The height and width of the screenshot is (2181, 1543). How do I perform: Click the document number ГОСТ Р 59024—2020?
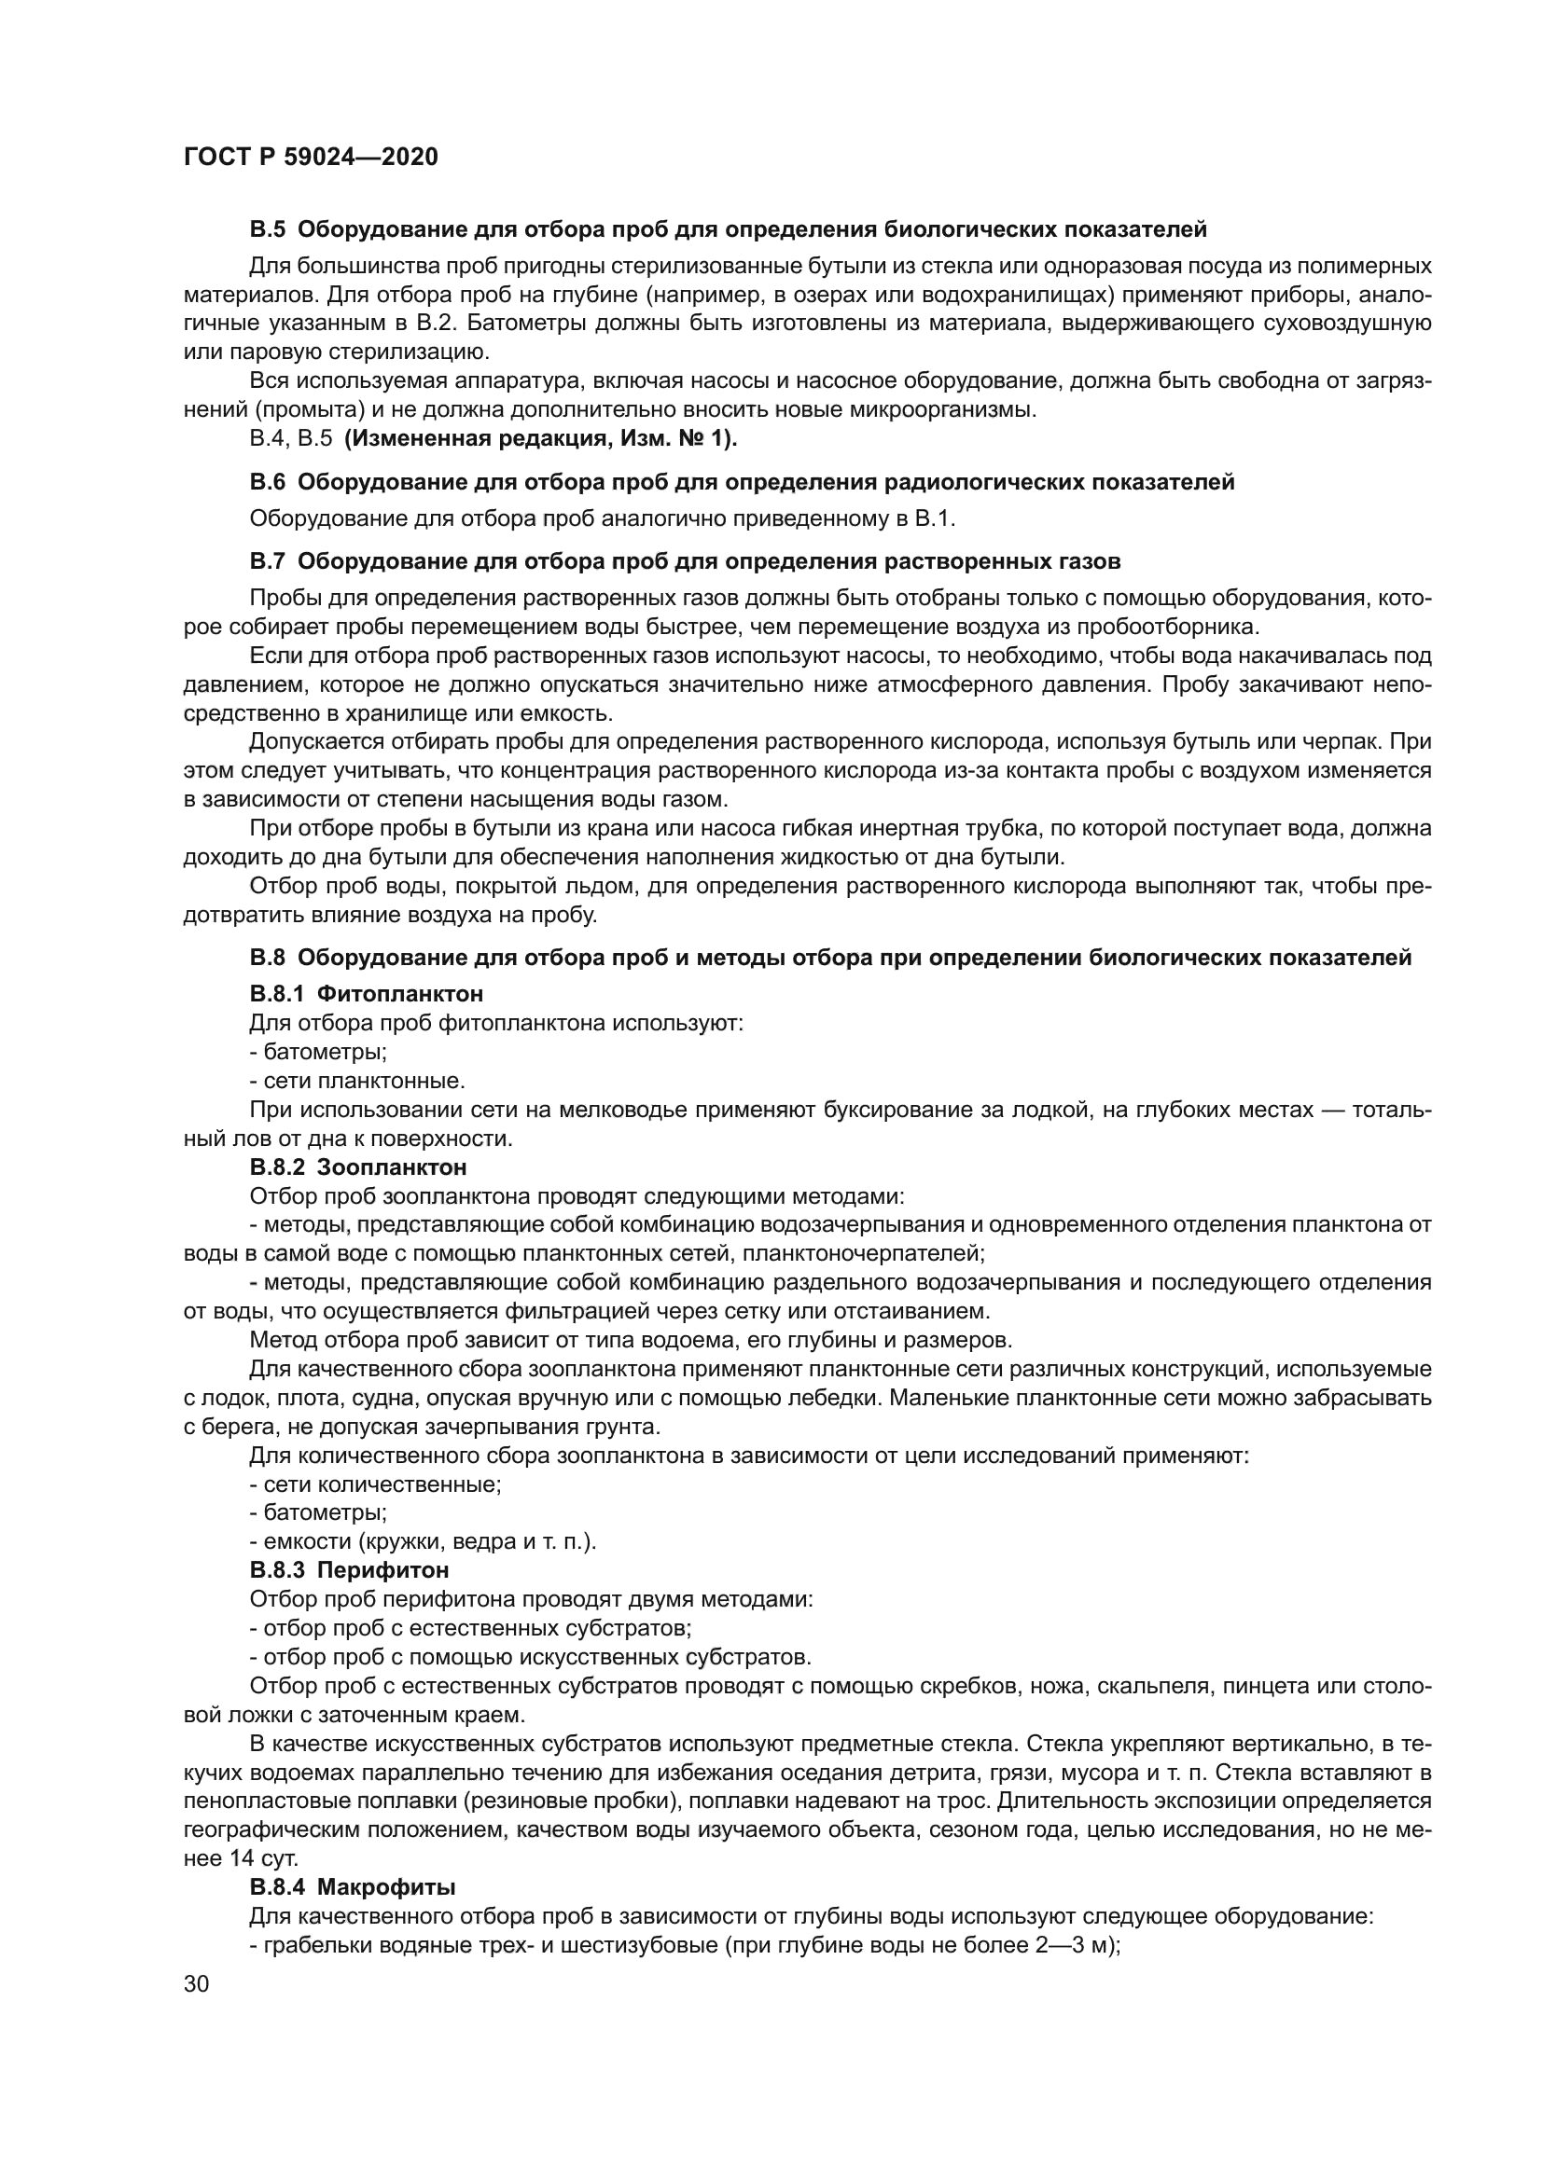(311, 158)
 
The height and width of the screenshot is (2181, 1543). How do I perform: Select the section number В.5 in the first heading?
(267, 229)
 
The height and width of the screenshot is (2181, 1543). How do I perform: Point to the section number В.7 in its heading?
(267, 560)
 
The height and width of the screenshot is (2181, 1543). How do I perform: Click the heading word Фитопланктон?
(399, 994)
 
